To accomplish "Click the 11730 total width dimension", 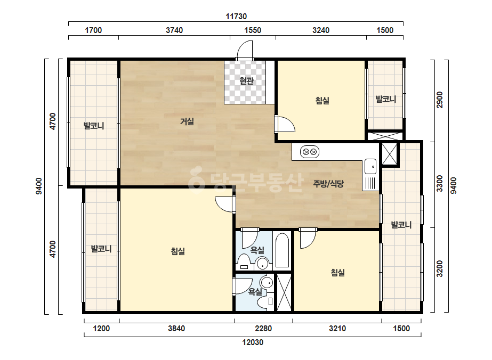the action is click(236, 17).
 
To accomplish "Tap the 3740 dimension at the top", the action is click(174, 30).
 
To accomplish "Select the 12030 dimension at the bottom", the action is click(253, 342).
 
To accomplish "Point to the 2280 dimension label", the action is click(263, 329).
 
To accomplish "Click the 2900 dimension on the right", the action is click(440, 100).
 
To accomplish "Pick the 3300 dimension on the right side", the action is click(440, 184).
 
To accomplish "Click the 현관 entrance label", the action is click(247, 81).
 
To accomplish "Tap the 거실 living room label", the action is click(187, 121).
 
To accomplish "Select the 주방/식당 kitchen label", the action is click(328, 183).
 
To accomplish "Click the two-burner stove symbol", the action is click(310, 152).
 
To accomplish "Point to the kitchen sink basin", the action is click(370, 167).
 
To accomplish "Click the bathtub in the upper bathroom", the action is click(282, 250).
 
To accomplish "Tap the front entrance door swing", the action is click(245, 50).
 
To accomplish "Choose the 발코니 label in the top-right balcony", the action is click(385, 100).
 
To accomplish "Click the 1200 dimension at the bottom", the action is click(102, 329).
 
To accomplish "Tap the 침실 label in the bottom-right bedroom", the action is click(337, 273).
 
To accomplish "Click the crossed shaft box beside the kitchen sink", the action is click(390, 154).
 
